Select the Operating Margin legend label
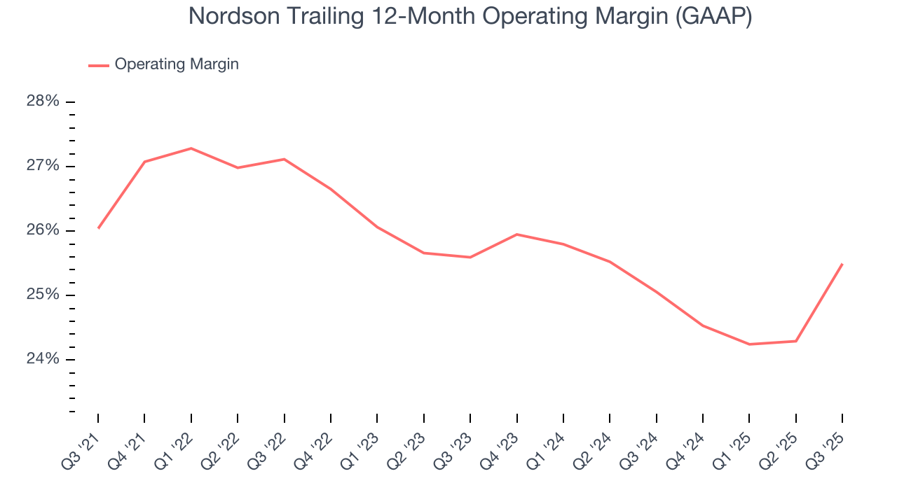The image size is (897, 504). point(177,64)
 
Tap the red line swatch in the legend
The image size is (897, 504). point(99,65)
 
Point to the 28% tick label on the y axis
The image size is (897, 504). point(43,101)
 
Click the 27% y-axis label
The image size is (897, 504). point(43,166)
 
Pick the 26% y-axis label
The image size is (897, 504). point(43,230)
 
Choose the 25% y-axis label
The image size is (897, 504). point(43,295)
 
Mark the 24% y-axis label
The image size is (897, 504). point(43,359)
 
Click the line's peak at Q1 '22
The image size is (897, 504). point(191,148)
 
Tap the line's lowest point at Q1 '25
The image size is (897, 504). point(749,344)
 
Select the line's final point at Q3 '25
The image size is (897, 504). point(842,264)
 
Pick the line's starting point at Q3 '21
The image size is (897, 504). point(98,228)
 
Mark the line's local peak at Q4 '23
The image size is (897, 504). point(516,234)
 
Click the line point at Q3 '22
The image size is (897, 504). point(284,160)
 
